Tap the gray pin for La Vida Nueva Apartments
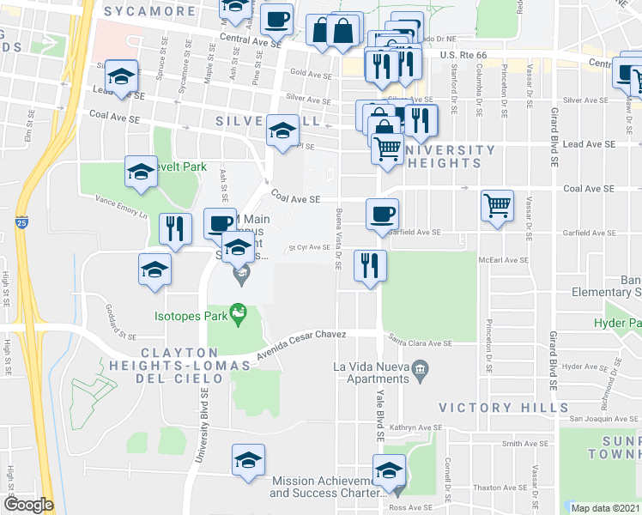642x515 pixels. click(x=420, y=369)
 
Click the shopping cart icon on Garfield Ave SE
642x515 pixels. click(x=496, y=207)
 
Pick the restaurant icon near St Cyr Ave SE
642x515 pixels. click(x=370, y=264)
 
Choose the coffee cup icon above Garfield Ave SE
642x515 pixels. click(x=382, y=214)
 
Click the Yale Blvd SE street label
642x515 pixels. click(x=379, y=412)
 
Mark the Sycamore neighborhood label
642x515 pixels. click(x=149, y=12)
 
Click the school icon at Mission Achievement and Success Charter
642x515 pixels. click(x=389, y=471)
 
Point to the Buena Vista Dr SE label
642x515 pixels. click(x=339, y=239)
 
